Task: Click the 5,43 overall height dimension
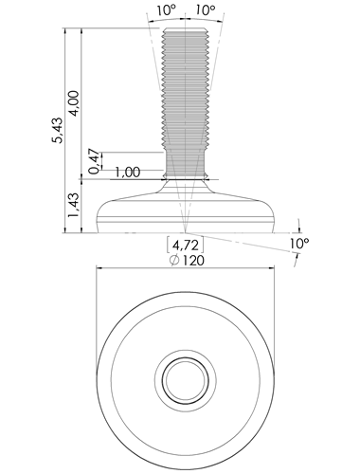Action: point(58,131)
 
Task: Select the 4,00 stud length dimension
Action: point(74,103)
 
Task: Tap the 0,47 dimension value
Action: point(94,161)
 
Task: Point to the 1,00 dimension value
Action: point(127,173)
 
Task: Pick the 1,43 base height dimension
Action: point(74,205)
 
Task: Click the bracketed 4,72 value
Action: point(185,245)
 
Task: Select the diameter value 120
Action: point(192,261)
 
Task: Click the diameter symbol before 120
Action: point(174,261)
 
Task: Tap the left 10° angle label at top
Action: point(166,10)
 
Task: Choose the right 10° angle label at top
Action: point(206,10)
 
